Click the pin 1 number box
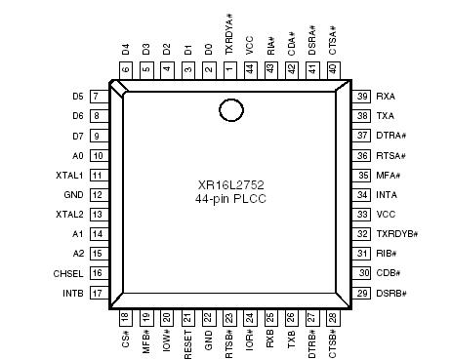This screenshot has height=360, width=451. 229,69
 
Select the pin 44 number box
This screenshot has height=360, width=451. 250,69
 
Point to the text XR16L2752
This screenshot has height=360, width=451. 229,185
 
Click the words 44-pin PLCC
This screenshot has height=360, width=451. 229,198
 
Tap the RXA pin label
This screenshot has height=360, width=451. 387,97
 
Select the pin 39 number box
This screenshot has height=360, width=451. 362,97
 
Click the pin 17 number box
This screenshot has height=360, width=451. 98,293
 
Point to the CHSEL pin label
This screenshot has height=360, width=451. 68,273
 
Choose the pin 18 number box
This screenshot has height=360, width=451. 125,316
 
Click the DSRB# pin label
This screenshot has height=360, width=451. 391,293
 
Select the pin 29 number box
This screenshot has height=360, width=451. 362,293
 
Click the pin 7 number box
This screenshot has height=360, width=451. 98,97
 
